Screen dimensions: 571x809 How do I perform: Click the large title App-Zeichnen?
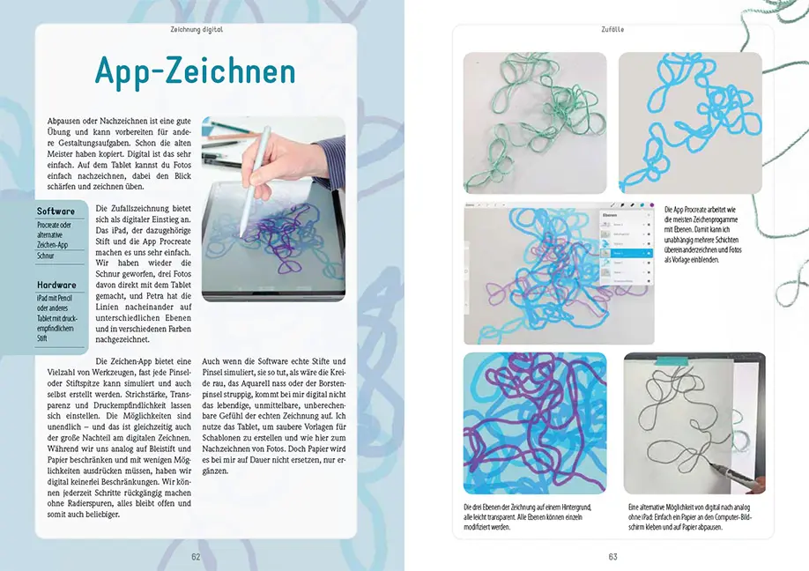coord(196,71)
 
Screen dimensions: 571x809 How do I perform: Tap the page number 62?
coord(196,557)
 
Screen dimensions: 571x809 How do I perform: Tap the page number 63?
coord(612,557)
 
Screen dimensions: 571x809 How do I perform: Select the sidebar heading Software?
coord(56,211)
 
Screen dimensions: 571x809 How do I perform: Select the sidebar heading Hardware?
coord(56,285)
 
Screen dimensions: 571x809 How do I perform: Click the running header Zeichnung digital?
coord(196,29)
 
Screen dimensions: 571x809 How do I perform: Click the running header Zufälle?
coord(612,29)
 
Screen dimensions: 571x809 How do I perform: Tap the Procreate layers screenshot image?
coord(560,274)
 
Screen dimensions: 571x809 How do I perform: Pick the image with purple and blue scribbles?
coord(535,424)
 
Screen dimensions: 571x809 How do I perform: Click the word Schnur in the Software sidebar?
coord(47,256)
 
